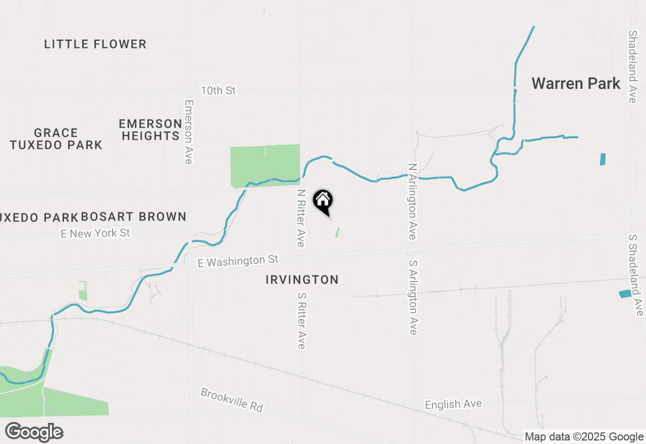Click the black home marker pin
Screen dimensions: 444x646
pos(323,201)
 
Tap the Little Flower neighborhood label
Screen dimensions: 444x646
pos(95,44)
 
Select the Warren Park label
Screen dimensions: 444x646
pos(576,83)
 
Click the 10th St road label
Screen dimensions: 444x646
pos(218,91)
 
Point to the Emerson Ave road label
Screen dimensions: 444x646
pos(189,132)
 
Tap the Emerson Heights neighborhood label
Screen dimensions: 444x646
pos(150,130)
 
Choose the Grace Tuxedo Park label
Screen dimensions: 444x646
pos(56,139)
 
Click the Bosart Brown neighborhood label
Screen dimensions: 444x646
pos(133,217)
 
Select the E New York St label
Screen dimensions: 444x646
pos(95,233)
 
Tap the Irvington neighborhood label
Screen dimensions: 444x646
pos(302,280)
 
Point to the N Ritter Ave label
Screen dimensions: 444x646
pos(301,218)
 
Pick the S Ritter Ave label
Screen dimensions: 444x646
pos(301,320)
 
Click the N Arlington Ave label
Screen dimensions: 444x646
pos(413,201)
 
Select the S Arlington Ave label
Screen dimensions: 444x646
pos(413,298)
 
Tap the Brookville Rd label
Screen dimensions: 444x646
pos(232,400)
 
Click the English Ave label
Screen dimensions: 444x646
pos(453,404)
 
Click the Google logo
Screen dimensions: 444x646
pos(34,432)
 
